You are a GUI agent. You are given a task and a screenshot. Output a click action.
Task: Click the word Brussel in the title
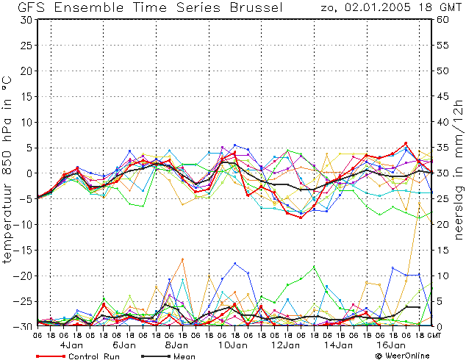[257, 7]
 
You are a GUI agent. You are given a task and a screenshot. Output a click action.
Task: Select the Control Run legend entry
[78, 356]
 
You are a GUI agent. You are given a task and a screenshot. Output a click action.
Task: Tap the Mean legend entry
[168, 356]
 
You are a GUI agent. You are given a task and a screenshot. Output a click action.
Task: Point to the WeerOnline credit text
[402, 356]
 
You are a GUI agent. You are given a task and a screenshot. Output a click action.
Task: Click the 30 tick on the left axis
[26, 20]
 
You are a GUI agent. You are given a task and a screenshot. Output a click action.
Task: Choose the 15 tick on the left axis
[27, 96]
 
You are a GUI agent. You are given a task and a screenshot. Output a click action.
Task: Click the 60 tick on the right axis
[442, 20]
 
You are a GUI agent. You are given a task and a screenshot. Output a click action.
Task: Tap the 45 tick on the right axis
[442, 96]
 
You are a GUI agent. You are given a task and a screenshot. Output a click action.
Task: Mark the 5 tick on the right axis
[440, 301]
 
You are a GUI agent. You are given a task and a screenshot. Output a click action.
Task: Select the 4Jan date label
[71, 345]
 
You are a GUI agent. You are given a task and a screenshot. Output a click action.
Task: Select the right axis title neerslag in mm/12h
[459, 170]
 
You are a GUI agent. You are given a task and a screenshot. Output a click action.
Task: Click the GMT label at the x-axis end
[434, 336]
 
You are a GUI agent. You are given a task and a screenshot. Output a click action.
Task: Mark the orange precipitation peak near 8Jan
[182, 259]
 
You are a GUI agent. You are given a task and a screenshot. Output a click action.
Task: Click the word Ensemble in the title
[89, 7]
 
